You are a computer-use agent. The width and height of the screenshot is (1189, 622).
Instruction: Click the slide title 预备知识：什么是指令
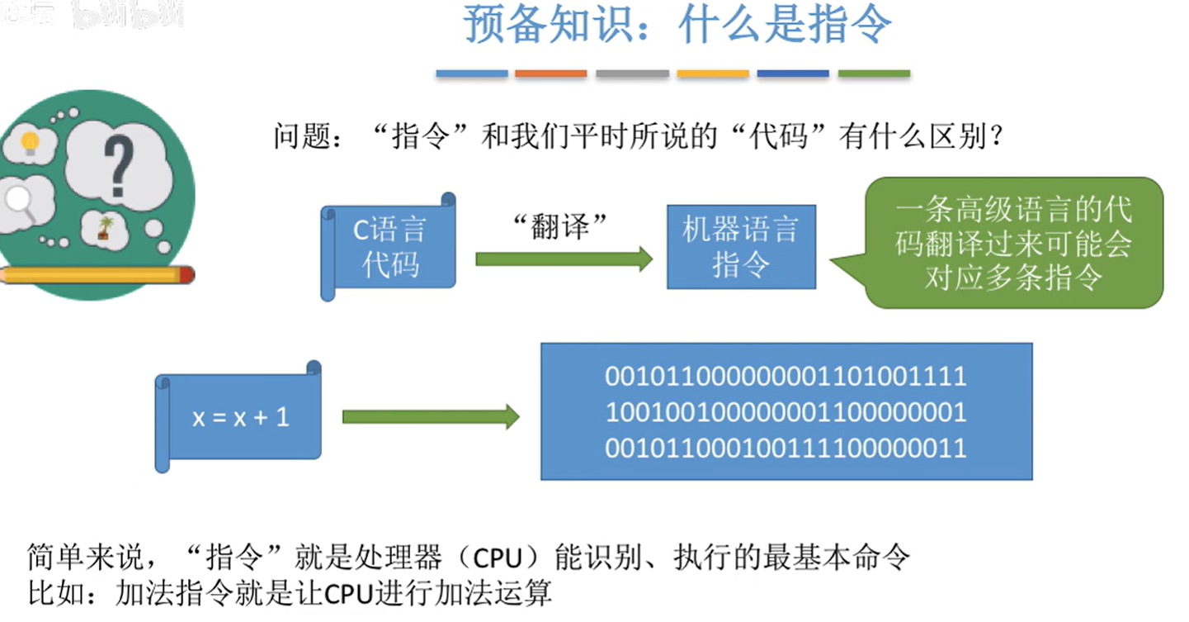677,25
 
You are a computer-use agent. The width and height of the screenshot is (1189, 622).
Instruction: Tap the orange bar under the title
550,74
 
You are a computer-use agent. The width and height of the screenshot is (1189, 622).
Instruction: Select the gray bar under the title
632,74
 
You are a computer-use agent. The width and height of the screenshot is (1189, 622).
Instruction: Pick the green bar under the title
874,74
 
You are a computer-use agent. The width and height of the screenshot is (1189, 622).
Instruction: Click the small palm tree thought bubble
104,228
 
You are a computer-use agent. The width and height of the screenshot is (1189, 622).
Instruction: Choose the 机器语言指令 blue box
740,246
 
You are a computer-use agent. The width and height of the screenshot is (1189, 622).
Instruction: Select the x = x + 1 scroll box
240,417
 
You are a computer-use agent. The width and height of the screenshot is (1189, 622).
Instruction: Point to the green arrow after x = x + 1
430,417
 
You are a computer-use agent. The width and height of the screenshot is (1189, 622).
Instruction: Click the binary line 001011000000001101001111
786,377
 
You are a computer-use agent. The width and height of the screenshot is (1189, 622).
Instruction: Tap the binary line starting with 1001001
786,412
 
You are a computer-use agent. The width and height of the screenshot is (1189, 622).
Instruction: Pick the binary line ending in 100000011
786,448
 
